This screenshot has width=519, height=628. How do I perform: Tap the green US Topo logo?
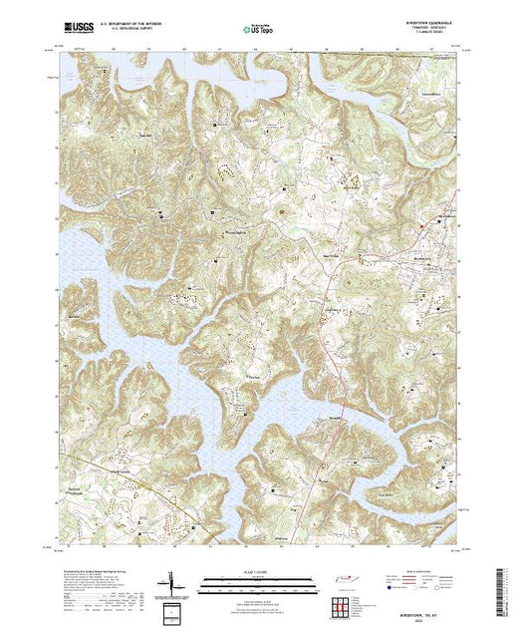click(256, 28)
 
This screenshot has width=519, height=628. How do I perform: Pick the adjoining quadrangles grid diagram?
click(340, 603)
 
